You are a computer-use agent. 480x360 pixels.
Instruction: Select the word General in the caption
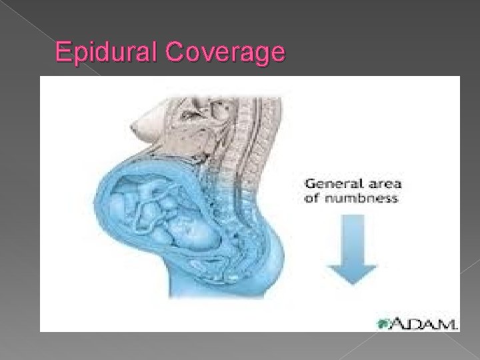[x=329, y=185]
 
